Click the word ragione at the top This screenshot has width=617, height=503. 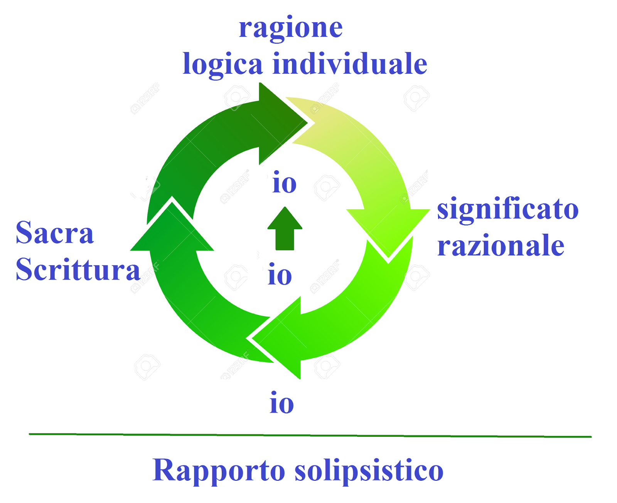click(x=291, y=28)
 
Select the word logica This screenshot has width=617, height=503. click(x=223, y=64)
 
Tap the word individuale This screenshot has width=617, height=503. click(x=350, y=64)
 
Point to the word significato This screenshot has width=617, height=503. click(x=507, y=210)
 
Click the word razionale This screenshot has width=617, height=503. click(x=501, y=246)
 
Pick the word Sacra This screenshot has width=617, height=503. click(x=55, y=233)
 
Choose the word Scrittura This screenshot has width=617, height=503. click(x=78, y=269)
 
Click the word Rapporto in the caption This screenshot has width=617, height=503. click(x=219, y=471)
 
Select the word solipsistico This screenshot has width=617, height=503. click(x=369, y=471)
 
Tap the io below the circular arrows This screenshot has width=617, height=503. click(x=282, y=403)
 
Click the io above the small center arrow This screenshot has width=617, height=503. click(x=285, y=183)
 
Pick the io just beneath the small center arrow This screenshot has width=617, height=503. click(x=280, y=275)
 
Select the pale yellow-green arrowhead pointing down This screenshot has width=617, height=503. click(x=388, y=229)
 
